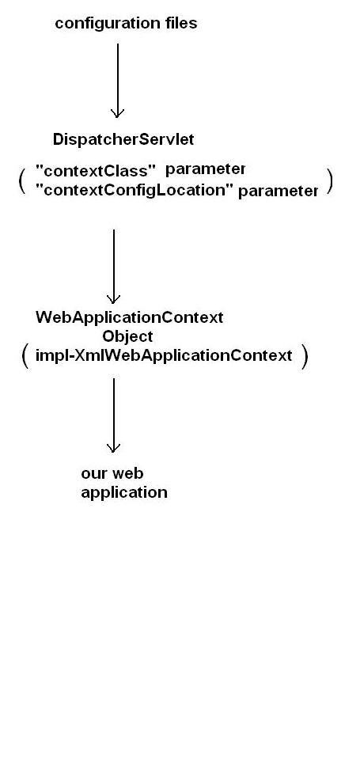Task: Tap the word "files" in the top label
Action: tap(180, 24)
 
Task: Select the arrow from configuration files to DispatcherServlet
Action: tap(118, 79)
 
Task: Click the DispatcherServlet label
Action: tap(123, 140)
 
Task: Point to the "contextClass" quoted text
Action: tap(96, 170)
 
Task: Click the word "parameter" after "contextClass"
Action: tap(206, 169)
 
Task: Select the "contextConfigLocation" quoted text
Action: tap(135, 190)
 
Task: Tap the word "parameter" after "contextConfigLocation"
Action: tap(278, 191)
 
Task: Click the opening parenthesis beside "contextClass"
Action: tap(22, 180)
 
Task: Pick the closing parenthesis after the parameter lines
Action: tap(330, 181)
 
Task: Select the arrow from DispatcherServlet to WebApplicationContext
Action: tap(114, 265)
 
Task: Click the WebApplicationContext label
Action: tap(129, 318)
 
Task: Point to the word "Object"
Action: tap(127, 337)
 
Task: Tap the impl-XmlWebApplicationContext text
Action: tap(164, 356)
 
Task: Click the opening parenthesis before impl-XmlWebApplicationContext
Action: tap(25, 355)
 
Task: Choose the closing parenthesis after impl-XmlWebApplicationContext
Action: tap(304, 356)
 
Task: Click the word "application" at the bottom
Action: tap(124, 492)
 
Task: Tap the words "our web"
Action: tap(112, 474)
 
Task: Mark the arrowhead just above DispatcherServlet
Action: tap(118, 113)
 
